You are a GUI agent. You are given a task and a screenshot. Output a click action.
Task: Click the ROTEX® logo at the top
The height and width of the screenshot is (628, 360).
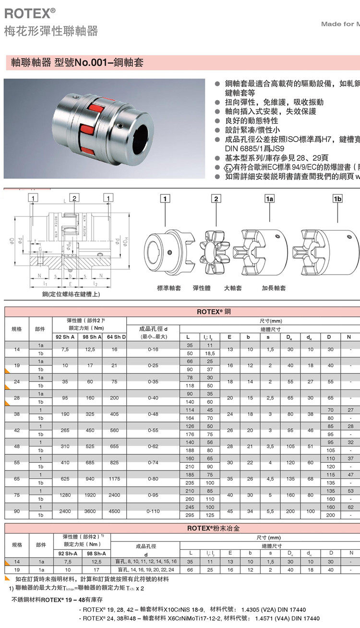(29, 13)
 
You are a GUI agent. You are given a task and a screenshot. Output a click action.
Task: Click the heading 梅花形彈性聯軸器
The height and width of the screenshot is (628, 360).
(51, 32)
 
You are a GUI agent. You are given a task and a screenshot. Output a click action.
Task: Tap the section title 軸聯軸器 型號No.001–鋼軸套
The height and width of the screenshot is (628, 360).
(77, 62)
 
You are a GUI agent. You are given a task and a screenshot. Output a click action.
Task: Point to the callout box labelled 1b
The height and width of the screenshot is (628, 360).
(337, 198)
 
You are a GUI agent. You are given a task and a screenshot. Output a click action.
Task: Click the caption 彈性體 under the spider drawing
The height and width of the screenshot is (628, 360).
(202, 288)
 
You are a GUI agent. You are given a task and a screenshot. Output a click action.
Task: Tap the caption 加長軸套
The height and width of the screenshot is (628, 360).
(274, 288)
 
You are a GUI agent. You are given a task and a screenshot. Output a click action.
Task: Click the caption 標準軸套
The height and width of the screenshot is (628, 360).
(169, 288)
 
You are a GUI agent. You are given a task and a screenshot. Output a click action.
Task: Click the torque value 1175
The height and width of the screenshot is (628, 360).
(114, 479)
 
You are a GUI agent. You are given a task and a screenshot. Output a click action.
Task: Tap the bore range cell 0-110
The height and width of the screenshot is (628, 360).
(153, 511)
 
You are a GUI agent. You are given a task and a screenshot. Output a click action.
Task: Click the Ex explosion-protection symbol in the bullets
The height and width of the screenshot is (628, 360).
(229, 167)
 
